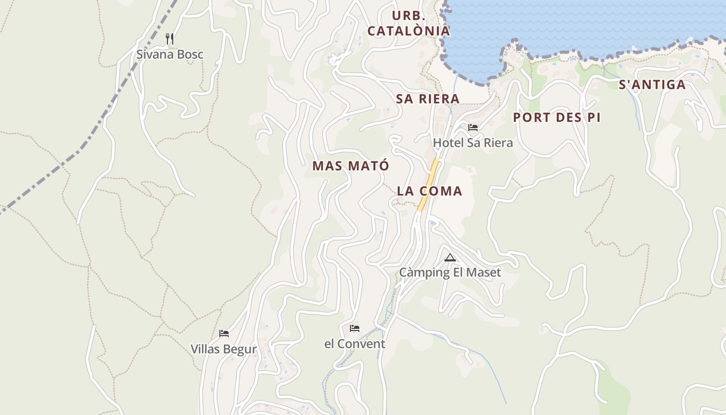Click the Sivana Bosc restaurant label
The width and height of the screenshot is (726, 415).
click(170, 54)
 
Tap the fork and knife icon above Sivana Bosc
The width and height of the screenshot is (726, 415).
click(169, 39)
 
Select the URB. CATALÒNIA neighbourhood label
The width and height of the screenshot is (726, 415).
click(409, 23)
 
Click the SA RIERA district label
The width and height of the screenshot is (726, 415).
click(428, 99)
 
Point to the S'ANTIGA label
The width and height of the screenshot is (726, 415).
click(652, 85)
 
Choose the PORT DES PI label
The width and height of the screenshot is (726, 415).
click(557, 118)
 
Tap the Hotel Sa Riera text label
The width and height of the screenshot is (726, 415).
click(473, 143)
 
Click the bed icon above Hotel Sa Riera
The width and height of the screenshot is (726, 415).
click(473, 128)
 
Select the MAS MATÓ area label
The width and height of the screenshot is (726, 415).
click(351, 166)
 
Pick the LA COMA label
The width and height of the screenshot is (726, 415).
click(429, 191)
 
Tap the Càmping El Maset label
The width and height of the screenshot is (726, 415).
click(450, 272)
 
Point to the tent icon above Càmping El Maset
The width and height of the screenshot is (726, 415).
click(450, 257)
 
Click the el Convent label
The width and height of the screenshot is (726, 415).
click(355, 344)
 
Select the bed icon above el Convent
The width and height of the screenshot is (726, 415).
click(355, 328)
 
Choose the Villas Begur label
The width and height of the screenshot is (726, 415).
click(224, 349)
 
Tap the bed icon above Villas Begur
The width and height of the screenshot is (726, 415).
click(224, 334)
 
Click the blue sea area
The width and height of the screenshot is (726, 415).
click(570, 23)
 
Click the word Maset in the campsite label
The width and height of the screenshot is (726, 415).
click(484, 272)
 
